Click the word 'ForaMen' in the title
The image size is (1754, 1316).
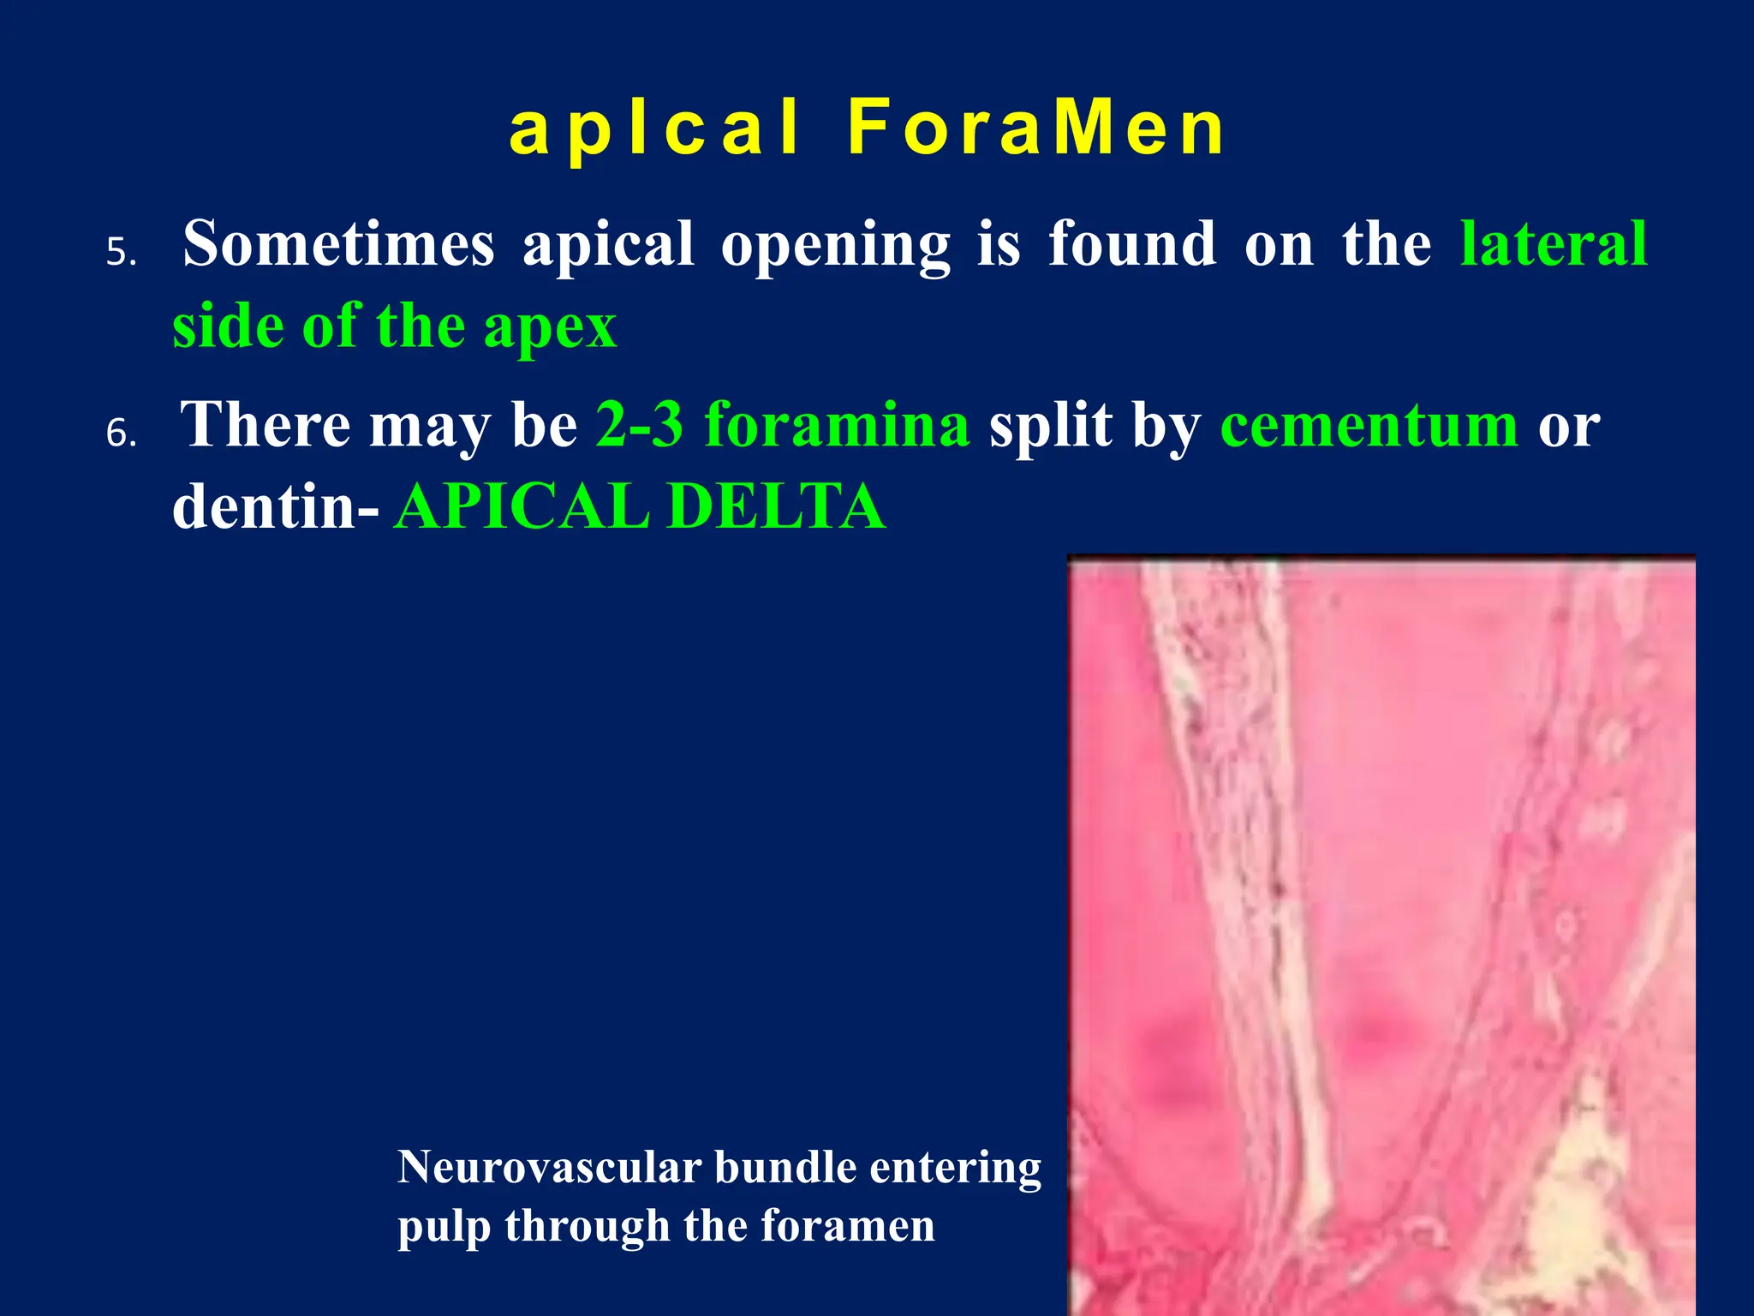coord(1037,129)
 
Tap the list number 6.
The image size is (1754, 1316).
coord(121,434)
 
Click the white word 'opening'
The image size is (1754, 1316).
coord(835,247)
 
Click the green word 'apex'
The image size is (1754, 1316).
coord(550,328)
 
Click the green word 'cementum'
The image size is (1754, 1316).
coord(1369,426)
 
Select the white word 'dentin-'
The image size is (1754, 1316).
coord(275,506)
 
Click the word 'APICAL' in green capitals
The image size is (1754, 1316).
coord(522,506)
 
